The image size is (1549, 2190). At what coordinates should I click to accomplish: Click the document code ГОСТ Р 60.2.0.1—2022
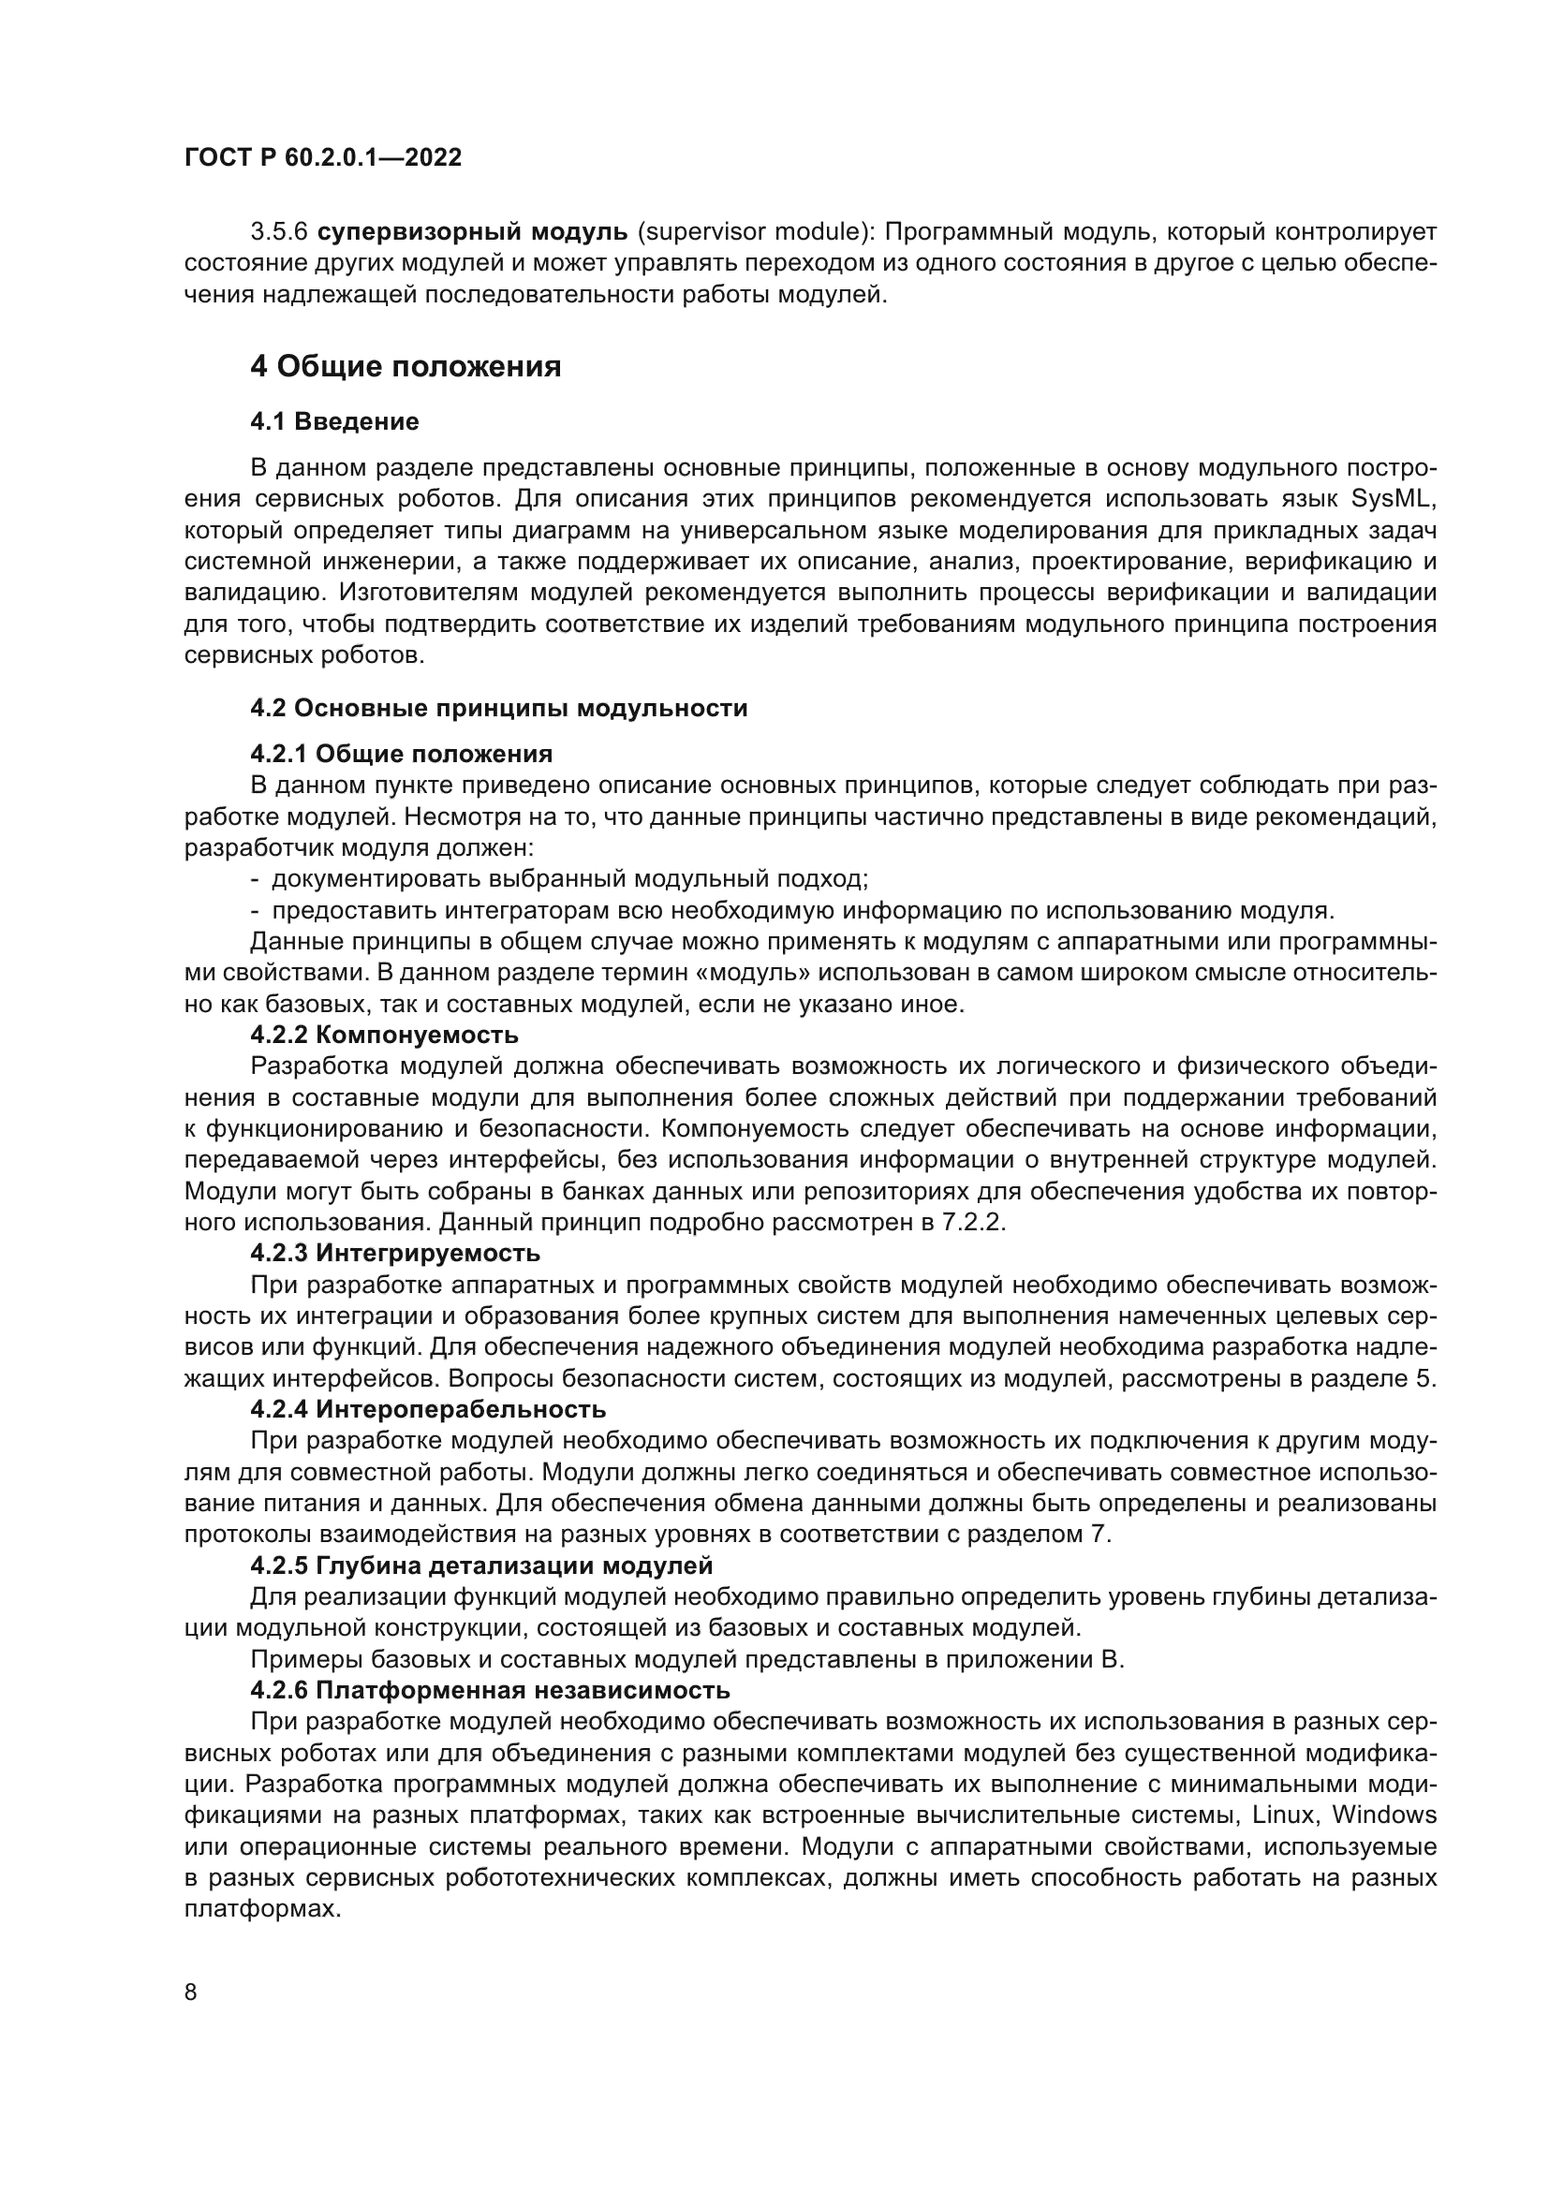click(x=322, y=157)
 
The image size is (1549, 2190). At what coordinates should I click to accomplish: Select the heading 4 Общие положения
click(x=406, y=366)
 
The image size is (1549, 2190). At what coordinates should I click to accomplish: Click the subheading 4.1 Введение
click(x=333, y=420)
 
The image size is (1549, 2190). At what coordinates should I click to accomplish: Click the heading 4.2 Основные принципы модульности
click(x=499, y=708)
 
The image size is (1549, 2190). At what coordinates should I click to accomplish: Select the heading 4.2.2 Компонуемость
click(x=384, y=1035)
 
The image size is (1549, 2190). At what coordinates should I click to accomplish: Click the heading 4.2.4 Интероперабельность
click(x=428, y=1409)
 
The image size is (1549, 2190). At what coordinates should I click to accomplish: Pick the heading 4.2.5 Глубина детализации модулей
click(x=481, y=1565)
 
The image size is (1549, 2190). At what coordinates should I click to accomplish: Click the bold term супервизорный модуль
click(x=472, y=232)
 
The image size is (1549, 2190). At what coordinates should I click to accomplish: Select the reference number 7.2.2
click(x=973, y=1223)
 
